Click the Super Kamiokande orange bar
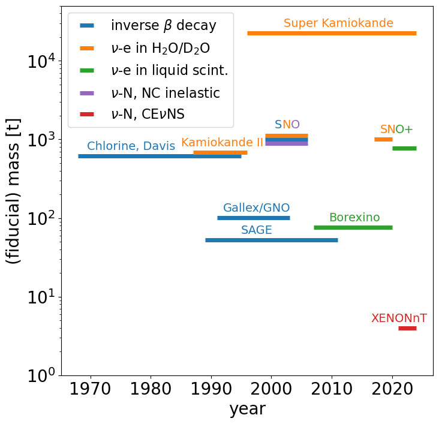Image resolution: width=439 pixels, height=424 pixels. tap(332, 34)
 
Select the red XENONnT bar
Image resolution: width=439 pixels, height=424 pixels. tap(407, 328)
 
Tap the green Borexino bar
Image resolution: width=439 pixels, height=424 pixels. tap(353, 227)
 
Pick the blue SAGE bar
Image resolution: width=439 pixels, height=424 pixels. tap(271, 240)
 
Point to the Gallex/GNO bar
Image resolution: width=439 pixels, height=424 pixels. tap(253, 218)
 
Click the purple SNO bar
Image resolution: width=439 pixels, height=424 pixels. tap(287, 143)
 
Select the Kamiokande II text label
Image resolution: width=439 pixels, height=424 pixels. tap(222, 143)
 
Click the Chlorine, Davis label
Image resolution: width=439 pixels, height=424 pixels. tap(131, 146)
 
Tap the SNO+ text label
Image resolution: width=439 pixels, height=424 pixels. tap(396, 130)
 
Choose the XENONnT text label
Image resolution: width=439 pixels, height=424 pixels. tap(399, 318)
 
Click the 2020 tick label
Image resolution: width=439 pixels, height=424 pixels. tap(392, 388)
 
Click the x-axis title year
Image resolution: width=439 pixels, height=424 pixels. tap(247, 410)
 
